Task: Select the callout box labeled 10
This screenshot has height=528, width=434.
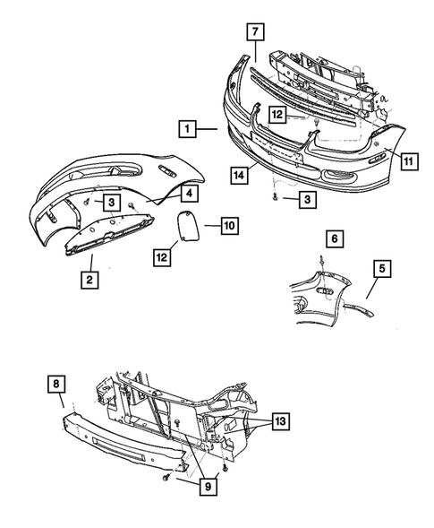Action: click(x=228, y=227)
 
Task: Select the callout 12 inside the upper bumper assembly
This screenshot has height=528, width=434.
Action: click(x=279, y=115)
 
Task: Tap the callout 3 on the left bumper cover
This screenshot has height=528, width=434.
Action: click(x=111, y=202)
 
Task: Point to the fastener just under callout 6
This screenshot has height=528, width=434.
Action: click(x=320, y=259)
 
